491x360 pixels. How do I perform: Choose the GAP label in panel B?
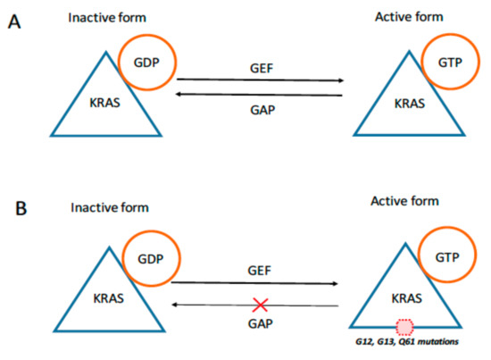tap(262, 322)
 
